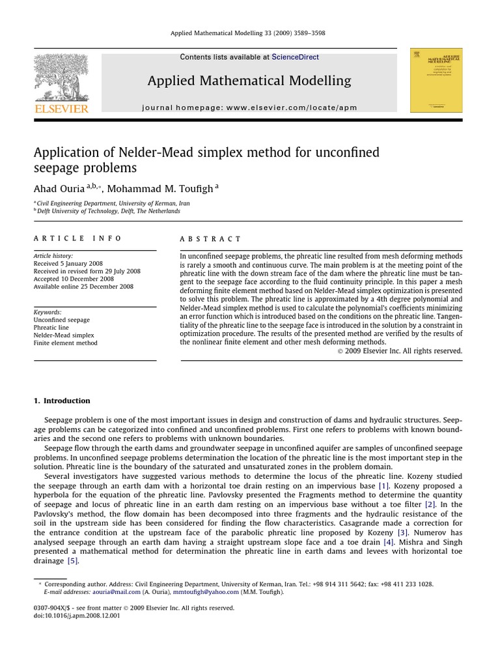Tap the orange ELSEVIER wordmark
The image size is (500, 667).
[x=61, y=109]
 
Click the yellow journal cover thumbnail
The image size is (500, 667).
[x=436, y=80]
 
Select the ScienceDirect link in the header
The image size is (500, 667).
[x=295, y=57]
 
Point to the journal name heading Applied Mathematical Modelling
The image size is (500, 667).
[x=249, y=81]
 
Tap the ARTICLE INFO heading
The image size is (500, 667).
[x=77, y=239]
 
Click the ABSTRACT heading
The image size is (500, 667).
[x=210, y=239]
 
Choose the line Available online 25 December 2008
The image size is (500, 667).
[x=83, y=287]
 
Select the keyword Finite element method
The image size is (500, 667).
[x=65, y=343]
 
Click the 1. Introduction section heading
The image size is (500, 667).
[x=62, y=401]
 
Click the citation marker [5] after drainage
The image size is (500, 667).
[x=72, y=560]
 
